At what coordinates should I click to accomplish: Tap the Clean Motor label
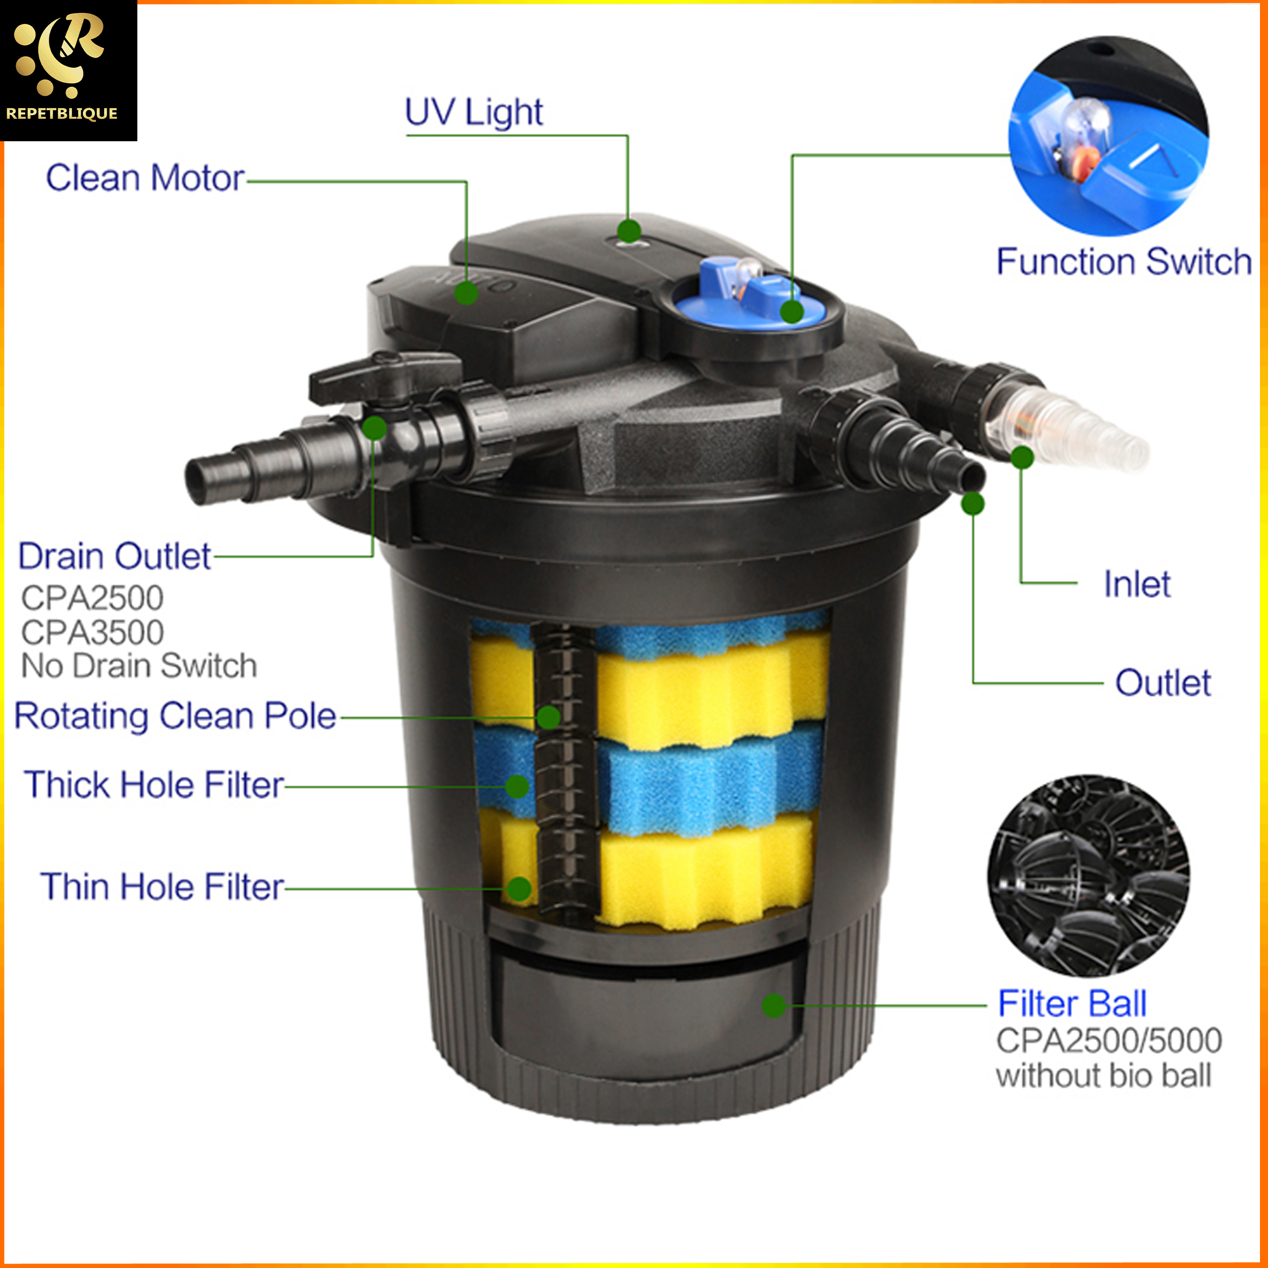tap(145, 178)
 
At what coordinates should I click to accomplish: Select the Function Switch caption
tap(1124, 261)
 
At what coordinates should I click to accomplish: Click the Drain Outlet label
tap(114, 556)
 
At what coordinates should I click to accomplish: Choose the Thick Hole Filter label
tap(154, 785)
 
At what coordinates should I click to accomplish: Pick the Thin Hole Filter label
tap(162, 886)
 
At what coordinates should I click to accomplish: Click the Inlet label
tap(1137, 583)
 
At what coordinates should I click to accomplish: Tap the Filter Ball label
tap(1072, 1004)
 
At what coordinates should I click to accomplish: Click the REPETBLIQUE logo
tap(68, 70)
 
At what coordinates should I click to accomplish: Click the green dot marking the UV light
tap(629, 231)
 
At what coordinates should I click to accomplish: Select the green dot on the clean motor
tap(466, 292)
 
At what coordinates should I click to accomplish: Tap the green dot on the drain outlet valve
tap(374, 428)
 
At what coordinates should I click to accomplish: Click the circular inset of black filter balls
tap(1090, 875)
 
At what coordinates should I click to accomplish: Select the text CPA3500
tap(92, 632)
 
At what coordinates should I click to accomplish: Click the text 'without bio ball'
tap(1103, 1076)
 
